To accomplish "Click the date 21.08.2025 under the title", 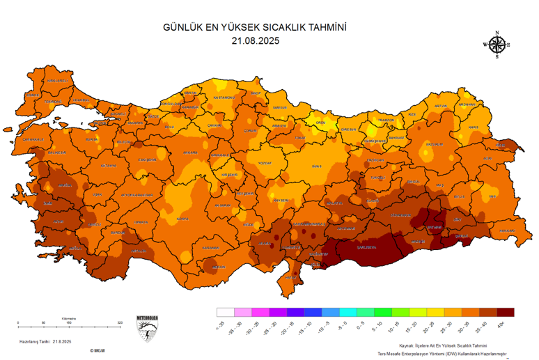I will tap(255, 41).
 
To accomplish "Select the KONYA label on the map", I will tap(183, 219).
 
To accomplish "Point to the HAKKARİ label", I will tap(506, 230).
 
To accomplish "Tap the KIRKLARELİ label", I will tap(58, 81).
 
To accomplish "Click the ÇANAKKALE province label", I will tap(33, 139).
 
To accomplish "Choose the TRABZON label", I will tap(386, 120).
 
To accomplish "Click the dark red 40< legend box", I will tap(506, 313).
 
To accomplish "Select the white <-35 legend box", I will tap(225, 313).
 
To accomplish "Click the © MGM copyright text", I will tap(97, 351).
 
